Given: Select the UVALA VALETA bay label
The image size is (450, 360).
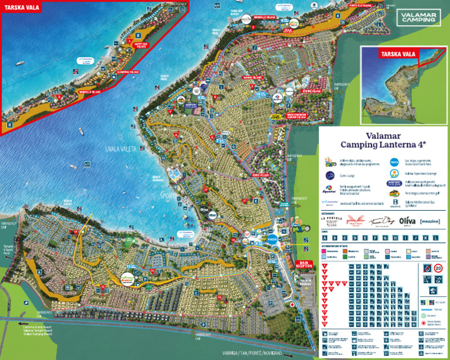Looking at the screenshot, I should pyautogui.click(x=121, y=149).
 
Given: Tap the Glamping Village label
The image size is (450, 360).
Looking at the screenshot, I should pyautogui.click(x=128, y=72).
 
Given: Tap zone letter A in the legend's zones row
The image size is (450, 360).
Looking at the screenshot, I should pyautogui.click(x=333, y=238).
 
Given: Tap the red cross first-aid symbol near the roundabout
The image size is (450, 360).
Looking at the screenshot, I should pyautogui.click(x=291, y=305).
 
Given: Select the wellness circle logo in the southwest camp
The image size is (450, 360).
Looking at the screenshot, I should pyautogui.click(x=128, y=279).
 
